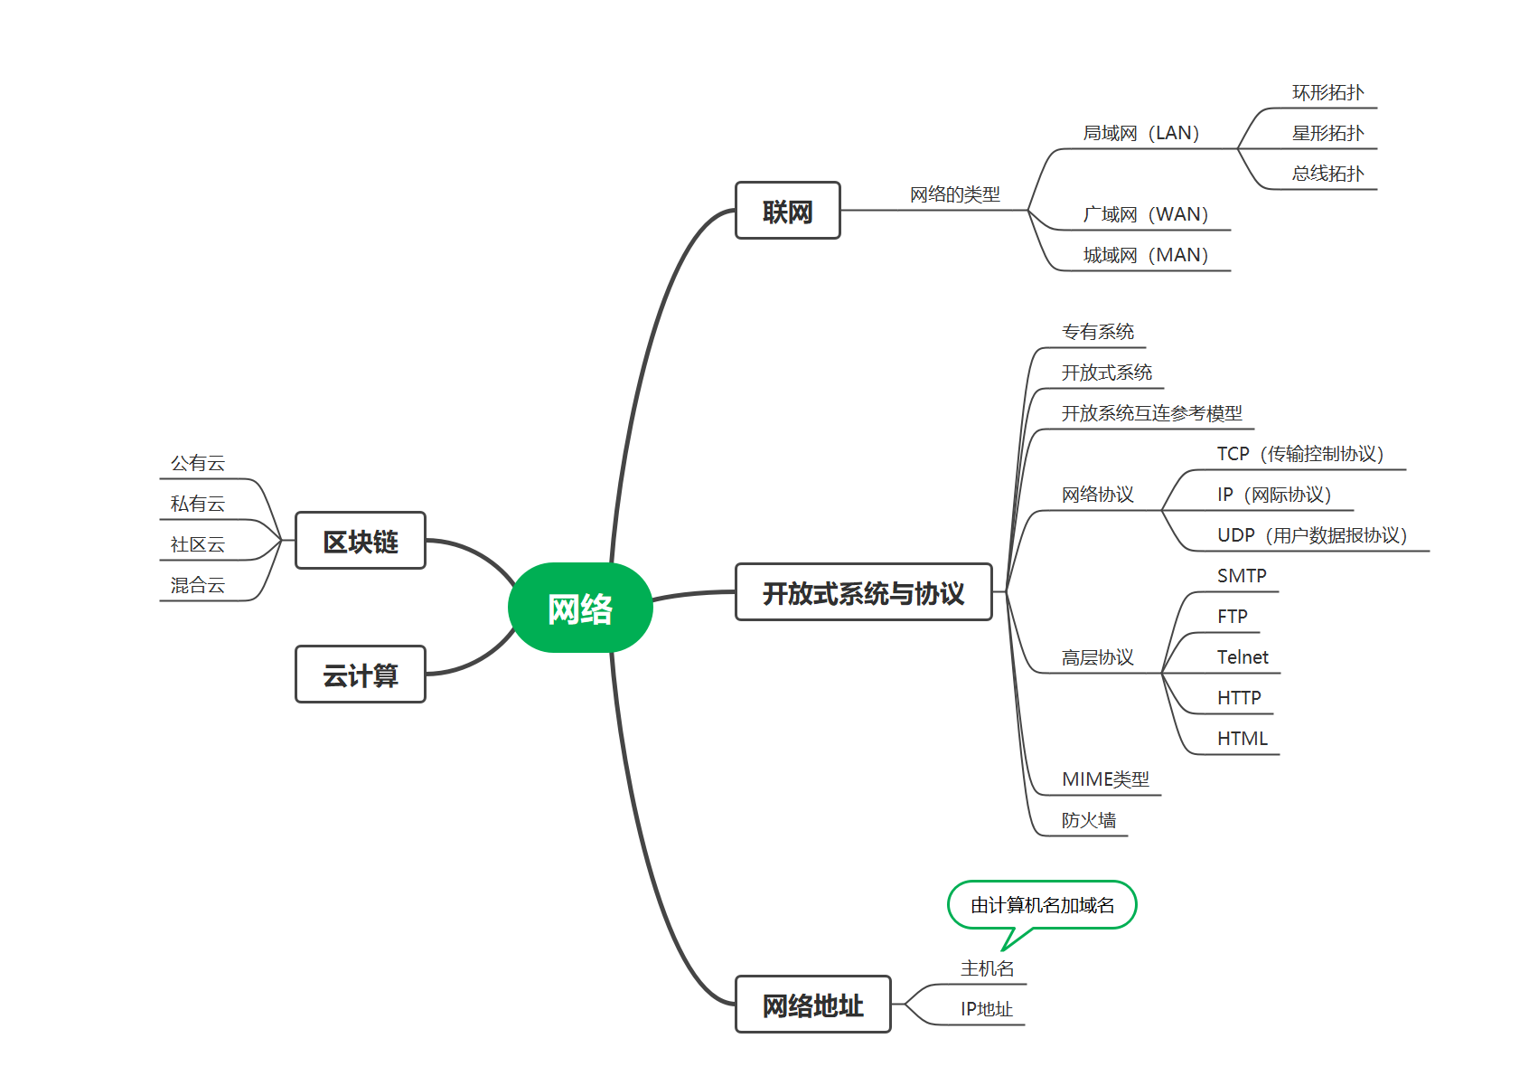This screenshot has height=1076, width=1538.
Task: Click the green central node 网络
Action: (580, 608)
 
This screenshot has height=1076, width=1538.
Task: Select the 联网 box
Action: (787, 211)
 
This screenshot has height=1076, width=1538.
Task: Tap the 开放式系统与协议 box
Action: (863, 592)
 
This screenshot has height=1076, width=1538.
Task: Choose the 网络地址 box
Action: (812, 1004)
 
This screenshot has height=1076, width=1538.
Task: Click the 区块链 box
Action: (360, 541)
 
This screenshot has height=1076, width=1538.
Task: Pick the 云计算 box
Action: (360, 674)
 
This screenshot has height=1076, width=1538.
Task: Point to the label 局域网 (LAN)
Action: (1140, 133)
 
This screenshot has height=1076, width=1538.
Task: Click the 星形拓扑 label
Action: (1327, 133)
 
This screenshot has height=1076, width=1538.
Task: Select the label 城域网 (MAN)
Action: (1145, 255)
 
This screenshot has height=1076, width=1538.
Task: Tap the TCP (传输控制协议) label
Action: (1299, 454)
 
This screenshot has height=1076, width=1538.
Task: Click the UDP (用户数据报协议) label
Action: (1311, 535)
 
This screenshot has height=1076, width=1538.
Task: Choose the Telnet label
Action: (1242, 657)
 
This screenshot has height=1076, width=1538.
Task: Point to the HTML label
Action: (1242, 739)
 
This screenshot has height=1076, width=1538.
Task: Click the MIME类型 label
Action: (1105, 779)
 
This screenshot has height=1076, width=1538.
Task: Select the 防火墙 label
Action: (1089, 820)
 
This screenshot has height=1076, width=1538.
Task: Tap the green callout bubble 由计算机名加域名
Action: (1042, 905)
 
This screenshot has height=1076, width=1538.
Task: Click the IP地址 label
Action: (986, 1009)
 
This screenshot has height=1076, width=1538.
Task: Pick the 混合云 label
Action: (197, 585)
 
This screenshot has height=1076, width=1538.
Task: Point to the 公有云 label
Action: (197, 463)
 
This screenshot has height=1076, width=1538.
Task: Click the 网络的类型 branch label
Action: (954, 194)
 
